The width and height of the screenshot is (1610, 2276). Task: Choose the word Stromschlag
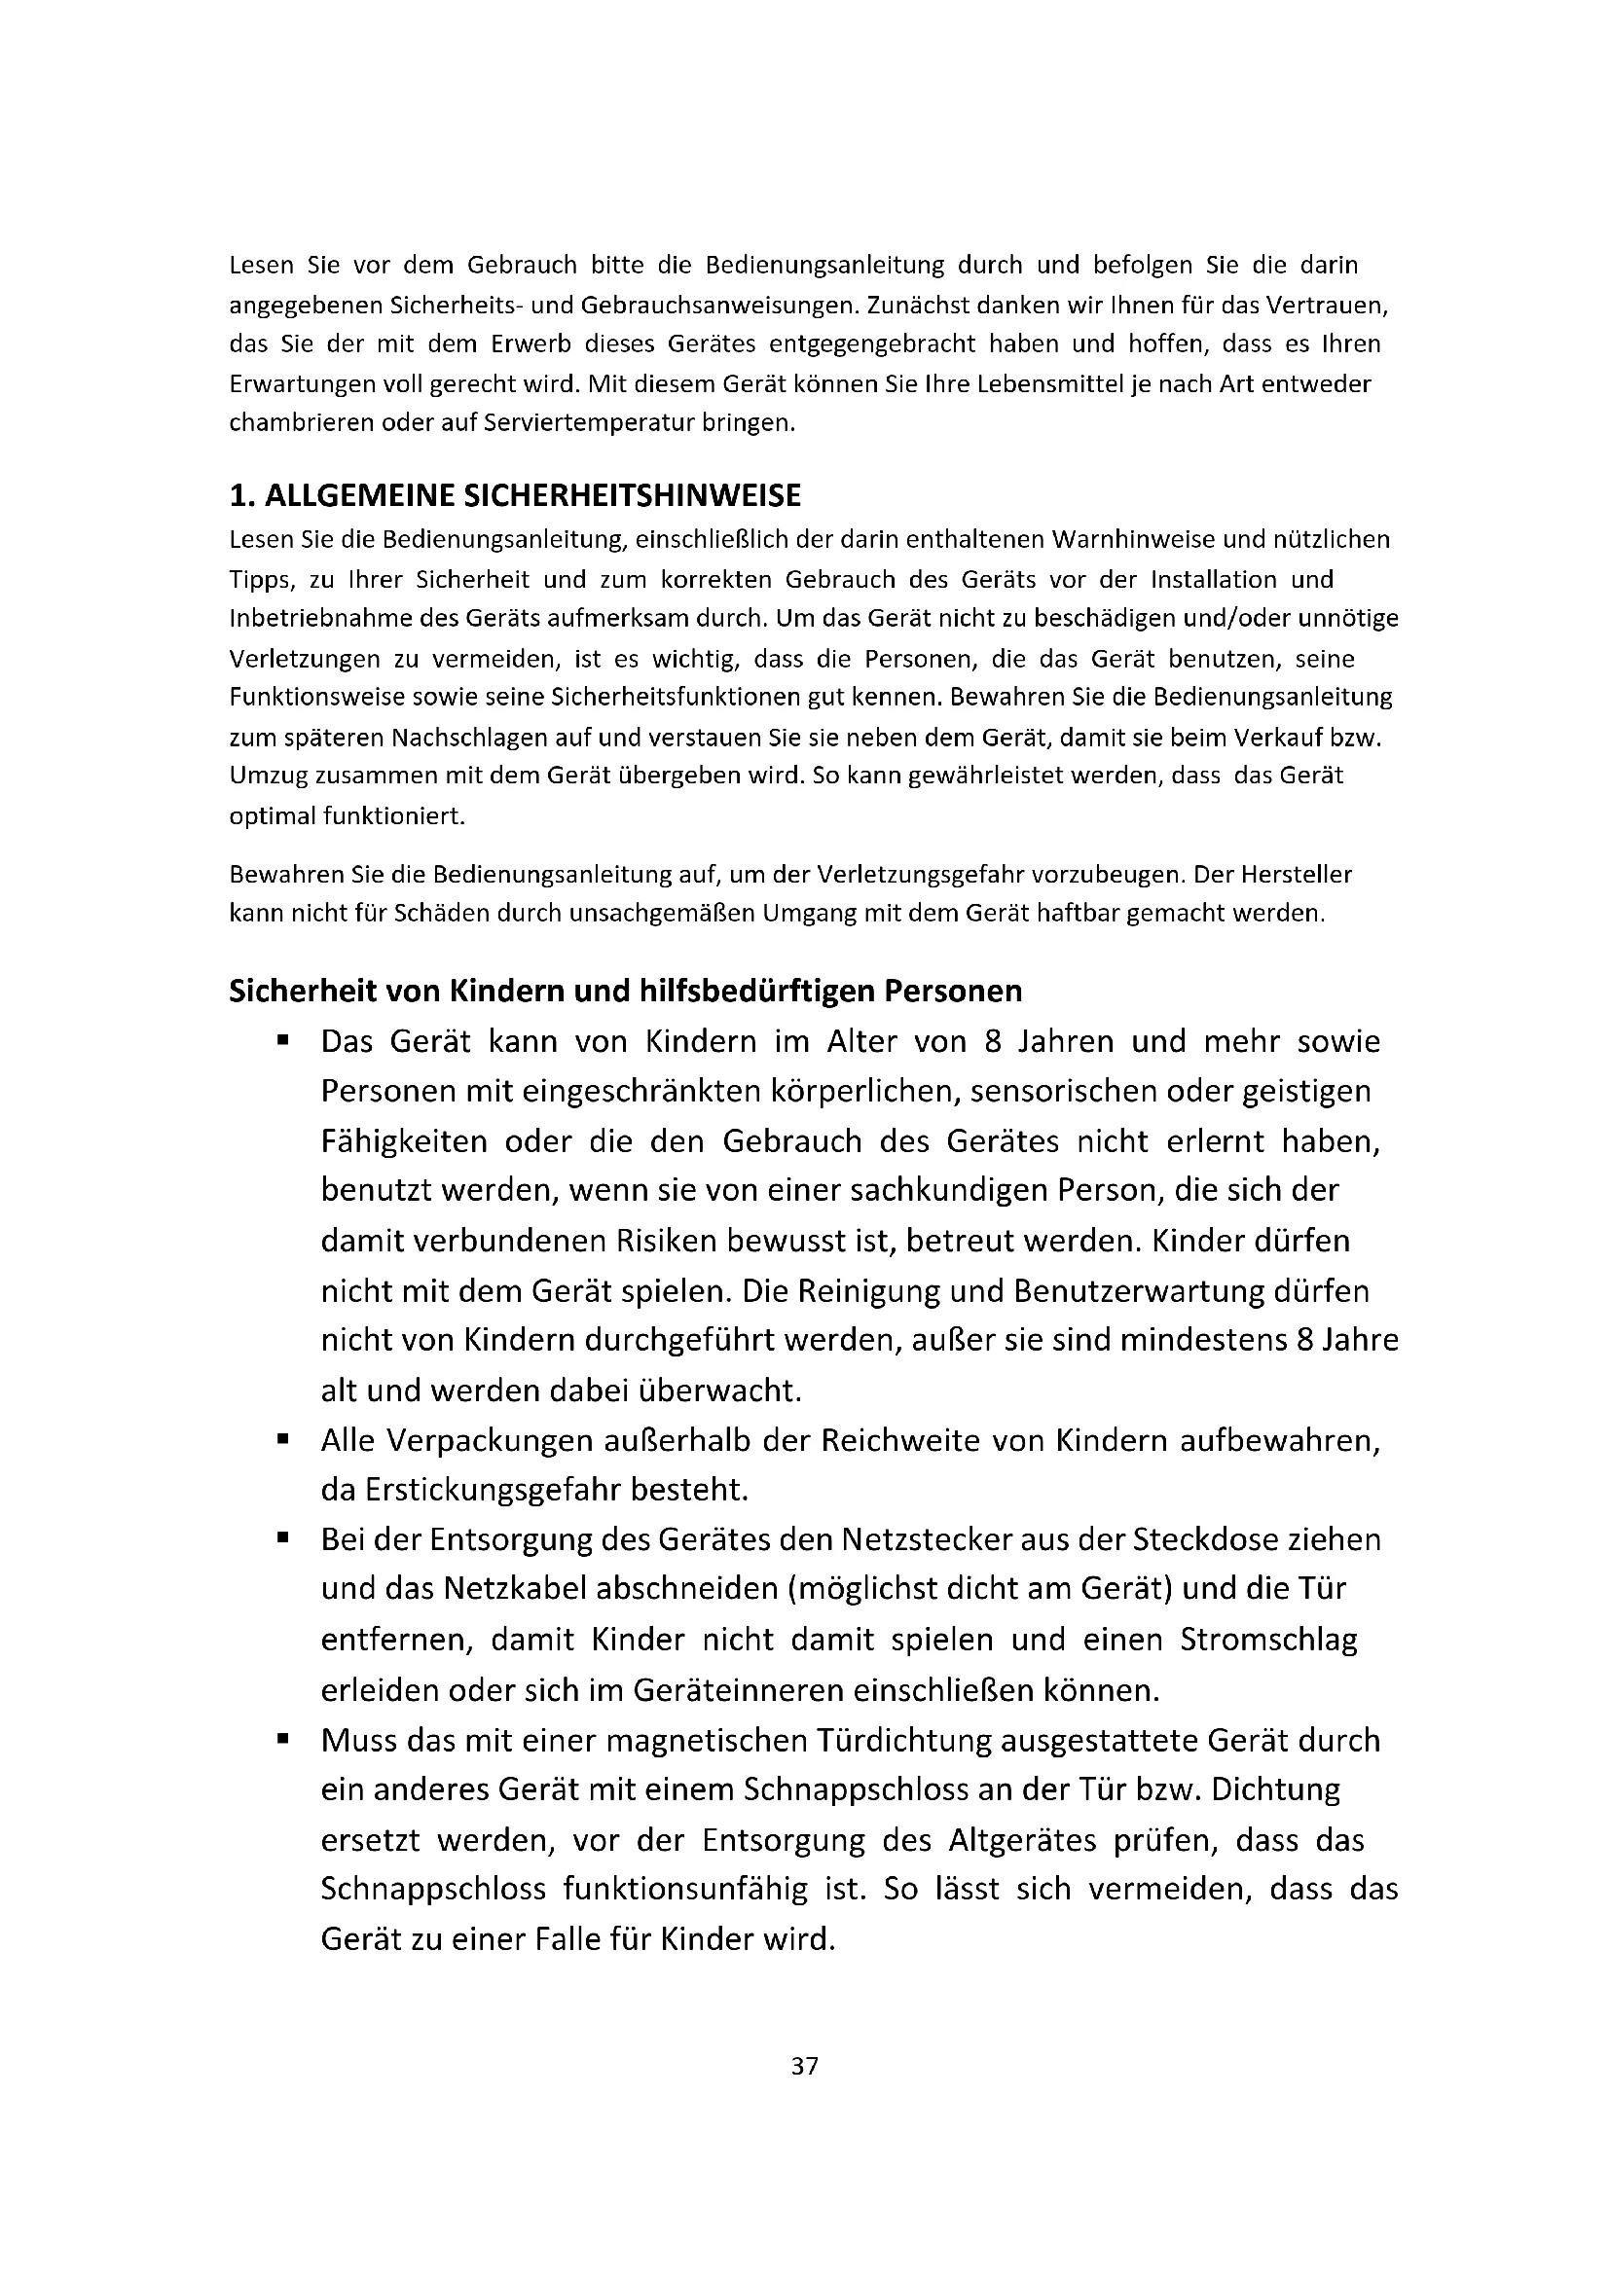1268,1640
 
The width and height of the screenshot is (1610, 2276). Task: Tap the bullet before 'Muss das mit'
282,1738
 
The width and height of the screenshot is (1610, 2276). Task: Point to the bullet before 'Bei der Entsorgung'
282,1537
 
